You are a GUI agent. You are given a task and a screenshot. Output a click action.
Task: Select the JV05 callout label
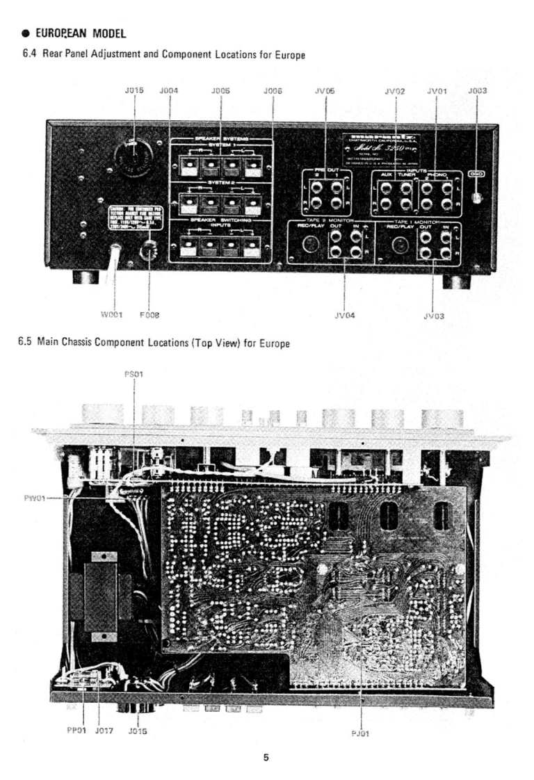pyautogui.click(x=325, y=90)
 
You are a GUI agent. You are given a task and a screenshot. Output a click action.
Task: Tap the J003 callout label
pyautogui.click(x=477, y=90)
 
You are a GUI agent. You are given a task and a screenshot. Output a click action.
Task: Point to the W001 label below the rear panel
pyautogui.click(x=112, y=315)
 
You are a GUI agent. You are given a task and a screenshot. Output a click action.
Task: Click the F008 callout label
pyautogui.click(x=149, y=315)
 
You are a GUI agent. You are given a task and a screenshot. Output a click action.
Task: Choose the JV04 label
pyautogui.click(x=345, y=315)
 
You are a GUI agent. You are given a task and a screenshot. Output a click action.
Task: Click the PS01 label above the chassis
pyautogui.click(x=133, y=373)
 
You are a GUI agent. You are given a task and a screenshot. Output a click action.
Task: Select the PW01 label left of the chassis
pyautogui.click(x=34, y=498)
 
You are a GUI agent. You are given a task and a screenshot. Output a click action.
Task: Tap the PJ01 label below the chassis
pyautogui.click(x=362, y=732)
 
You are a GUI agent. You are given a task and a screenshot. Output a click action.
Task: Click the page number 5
pyautogui.click(x=266, y=758)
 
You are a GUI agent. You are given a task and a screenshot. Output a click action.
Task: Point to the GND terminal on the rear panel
pyautogui.click(x=477, y=197)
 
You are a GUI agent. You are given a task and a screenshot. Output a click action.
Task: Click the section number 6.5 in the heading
pyautogui.click(x=26, y=342)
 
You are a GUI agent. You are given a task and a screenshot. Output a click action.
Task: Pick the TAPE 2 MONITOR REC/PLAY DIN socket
pyautogui.click(x=310, y=245)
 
